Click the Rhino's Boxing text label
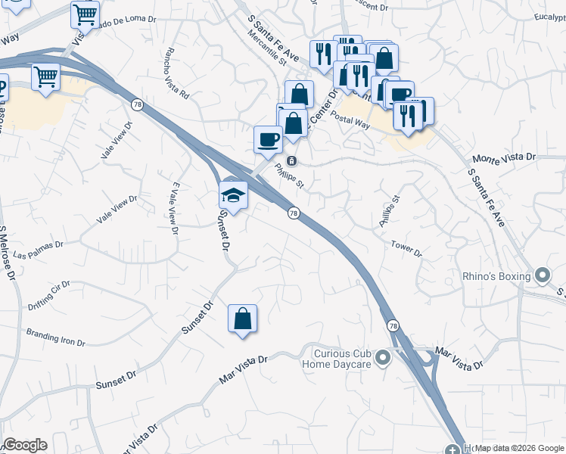(496, 277)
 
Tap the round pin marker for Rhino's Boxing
(542, 277)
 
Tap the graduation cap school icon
(233, 195)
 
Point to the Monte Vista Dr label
(503, 158)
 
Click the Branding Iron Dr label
(56, 336)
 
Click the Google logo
(24, 445)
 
